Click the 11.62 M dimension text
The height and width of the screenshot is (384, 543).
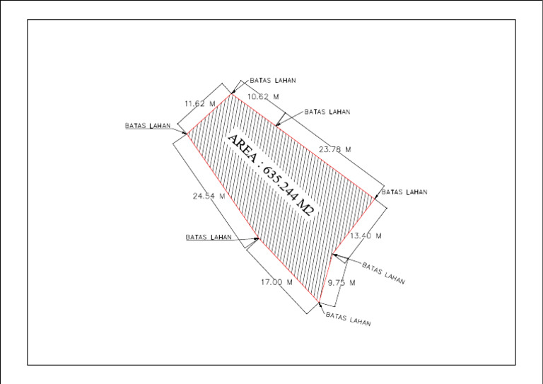point(200,103)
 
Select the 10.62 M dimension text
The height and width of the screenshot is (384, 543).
point(263,97)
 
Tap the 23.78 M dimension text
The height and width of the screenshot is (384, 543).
point(335,149)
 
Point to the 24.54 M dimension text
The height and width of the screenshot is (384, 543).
point(209,196)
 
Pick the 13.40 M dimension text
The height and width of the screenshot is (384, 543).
point(366,235)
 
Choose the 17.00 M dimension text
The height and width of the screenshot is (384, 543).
point(276,282)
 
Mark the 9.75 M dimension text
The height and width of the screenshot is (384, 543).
point(341,283)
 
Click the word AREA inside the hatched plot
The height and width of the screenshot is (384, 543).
point(243,149)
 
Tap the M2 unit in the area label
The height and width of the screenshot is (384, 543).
point(305,209)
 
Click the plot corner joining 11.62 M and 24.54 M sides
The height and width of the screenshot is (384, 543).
point(187,134)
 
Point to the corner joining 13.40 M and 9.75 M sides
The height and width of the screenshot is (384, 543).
point(332,255)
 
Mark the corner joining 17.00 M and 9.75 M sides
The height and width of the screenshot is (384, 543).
point(319,302)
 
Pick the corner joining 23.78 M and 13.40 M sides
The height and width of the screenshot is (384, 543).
point(375,199)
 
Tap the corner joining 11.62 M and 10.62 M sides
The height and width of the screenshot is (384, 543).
point(231,94)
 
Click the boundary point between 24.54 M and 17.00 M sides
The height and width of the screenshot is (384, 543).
point(259,238)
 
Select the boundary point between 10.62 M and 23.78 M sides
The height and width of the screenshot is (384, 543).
point(276,125)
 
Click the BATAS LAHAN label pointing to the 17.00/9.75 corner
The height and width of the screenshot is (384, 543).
point(348,319)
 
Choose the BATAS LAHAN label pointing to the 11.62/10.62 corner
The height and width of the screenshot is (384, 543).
point(273,81)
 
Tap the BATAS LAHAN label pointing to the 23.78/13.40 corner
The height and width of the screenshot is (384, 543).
point(404,192)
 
